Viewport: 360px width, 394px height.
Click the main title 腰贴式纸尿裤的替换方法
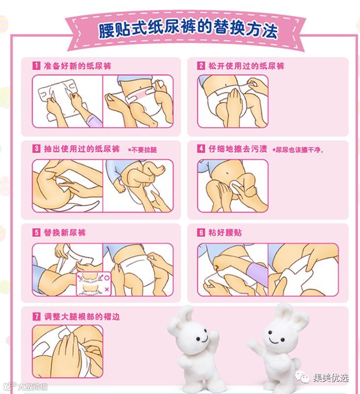[x=188, y=29]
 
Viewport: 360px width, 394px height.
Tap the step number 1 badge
[x=36, y=66]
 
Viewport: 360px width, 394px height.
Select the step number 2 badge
[x=201, y=66]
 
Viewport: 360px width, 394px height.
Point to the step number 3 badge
[x=36, y=148]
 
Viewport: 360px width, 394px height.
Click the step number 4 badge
[x=201, y=148]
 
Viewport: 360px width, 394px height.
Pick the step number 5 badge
[x=36, y=232]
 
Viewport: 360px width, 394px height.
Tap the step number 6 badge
[x=201, y=232]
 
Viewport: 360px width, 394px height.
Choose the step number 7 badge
[x=36, y=316]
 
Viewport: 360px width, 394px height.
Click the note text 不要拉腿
[x=144, y=150]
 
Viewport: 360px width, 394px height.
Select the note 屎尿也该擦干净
[x=299, y=150]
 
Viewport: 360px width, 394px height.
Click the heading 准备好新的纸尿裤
[x=78, y=66]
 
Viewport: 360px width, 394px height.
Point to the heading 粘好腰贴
[x=225, y=232]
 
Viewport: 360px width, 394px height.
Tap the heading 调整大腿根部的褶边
[x=82, y=316]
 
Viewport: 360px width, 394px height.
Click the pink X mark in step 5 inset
[x=107, y=289]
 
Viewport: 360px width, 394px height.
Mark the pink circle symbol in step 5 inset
[x=107, y=278]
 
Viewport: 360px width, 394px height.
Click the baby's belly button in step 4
[x=228, y=173]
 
